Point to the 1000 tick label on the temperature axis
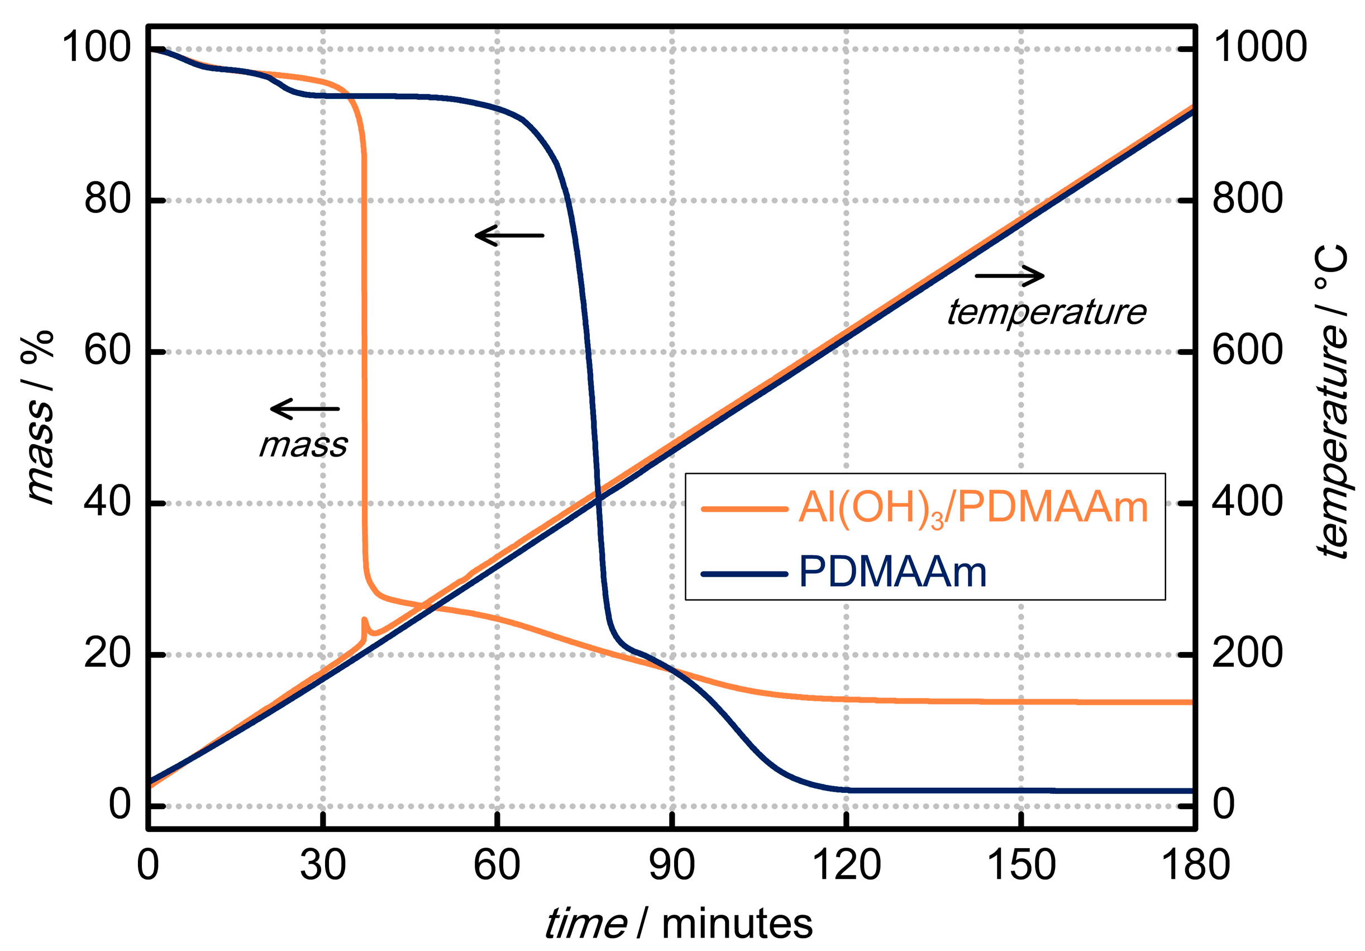(x=1259, y=47)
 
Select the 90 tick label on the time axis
(x=672, y=865)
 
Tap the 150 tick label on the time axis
(x=1021, y=865)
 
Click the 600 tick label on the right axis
(x=1247, y=350)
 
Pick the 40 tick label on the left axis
(x=107, y=502)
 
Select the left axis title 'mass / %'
(x=39, y=417)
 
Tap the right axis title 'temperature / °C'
(x=1331, y=401)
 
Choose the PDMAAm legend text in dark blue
(x=892, y=572)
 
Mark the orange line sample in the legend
(x=744, y=509)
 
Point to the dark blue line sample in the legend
(x=744, y=574)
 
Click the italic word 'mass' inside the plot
(x=303, y=445)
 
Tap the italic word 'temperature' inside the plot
(x=1046, y=312)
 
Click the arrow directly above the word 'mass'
(x=304, y=408)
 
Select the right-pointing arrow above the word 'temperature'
(x=1009, y=275)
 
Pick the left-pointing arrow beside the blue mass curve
(x=509, y=236)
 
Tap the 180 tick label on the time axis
(x=1195, y=865)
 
